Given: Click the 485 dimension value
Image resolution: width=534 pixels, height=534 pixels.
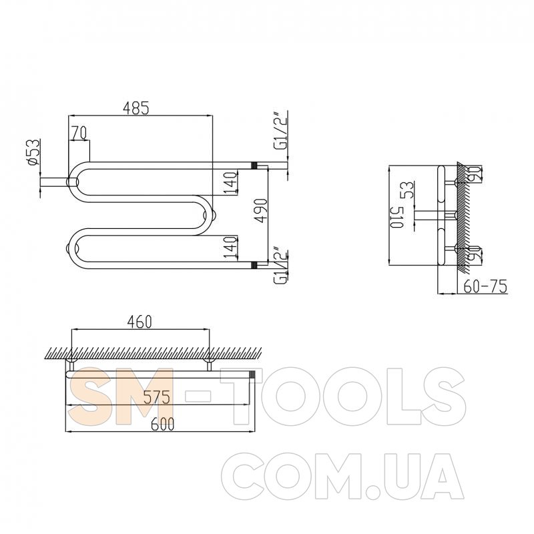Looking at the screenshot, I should click(136, 107).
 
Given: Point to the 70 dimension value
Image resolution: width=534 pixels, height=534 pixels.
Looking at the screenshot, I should click(78, 133).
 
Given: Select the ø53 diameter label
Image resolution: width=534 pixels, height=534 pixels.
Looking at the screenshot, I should click(31, 153).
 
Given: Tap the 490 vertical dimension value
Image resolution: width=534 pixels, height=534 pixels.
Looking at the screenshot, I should click(261, 210).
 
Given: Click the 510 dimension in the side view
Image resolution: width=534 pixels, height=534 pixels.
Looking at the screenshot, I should click(397, 217).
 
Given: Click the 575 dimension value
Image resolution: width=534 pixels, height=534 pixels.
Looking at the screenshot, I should click(158, 396).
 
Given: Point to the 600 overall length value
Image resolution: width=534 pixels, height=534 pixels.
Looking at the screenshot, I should click(158, 424).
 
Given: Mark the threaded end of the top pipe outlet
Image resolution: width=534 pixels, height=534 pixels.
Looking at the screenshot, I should click(254, 164).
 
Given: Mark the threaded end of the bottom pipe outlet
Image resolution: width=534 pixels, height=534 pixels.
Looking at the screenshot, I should click(254, 266).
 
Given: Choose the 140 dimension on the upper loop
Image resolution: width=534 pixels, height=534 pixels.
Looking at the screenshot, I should click(230, 182).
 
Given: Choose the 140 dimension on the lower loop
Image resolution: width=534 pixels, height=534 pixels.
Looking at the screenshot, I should click(230, 247).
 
